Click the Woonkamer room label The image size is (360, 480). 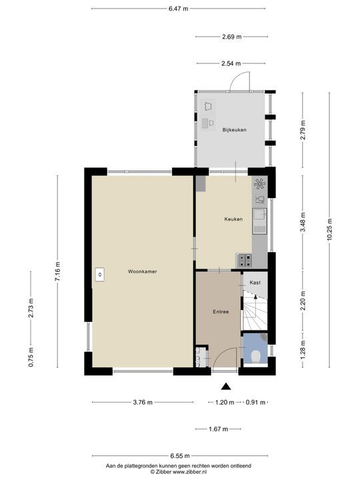pos(143,271)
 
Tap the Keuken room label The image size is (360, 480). pos(233,219)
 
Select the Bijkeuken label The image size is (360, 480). pos(235,130)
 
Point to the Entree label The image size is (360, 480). pos(221,312)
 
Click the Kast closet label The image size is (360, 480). pos(255,283)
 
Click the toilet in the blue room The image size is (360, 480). pos(255,357)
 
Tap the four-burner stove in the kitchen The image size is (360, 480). pos(244,261)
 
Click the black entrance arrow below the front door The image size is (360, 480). pos(226,387)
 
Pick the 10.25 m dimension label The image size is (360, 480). pos(329,229)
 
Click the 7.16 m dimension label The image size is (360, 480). pos(57,272)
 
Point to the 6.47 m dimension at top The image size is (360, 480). pos(179,9)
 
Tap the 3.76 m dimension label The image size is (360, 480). pos(143,402)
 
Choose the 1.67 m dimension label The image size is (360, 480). pos(219,429)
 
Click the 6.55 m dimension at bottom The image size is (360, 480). pos(180,456)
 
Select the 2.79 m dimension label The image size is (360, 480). pos(303,130)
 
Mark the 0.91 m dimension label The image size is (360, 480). pos(255,402)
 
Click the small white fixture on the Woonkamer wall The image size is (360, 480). pos(100,274)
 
